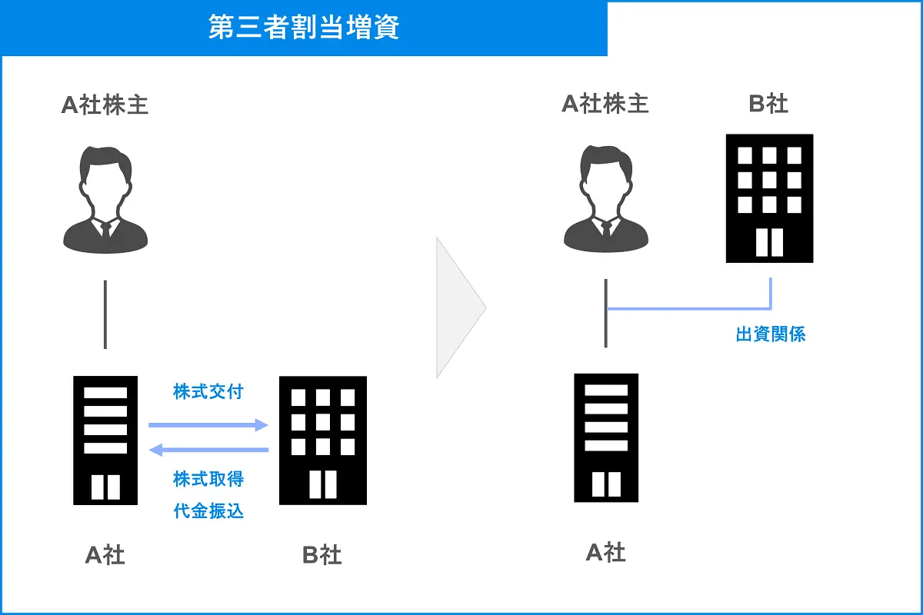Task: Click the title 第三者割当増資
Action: coord(304,28)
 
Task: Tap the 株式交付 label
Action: coord(208,391)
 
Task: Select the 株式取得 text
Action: coord(208,479)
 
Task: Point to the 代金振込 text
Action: coord(208,510)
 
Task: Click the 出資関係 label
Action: coord(771,334)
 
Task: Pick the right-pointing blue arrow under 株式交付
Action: coord(208,424)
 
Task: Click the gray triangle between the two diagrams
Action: coord(457,307)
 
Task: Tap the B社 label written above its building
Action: coord(768,104)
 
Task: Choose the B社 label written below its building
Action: coord(322,554)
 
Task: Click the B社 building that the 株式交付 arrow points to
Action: coord(322,440)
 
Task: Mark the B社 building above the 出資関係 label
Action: coord(769,198)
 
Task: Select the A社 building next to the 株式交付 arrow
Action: coord(105,440)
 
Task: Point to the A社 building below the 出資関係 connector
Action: coord(606,437)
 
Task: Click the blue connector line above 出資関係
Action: coord(688,309)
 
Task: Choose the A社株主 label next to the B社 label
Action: coord(605,104)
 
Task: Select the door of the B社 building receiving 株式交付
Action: coord(322,484)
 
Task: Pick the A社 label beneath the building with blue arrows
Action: coord(105,554)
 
